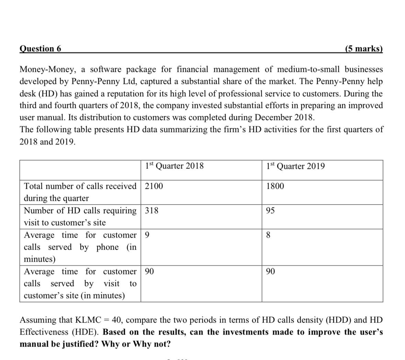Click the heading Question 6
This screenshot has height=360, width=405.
tap(40, 48)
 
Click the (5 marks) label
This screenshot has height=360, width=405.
tap(363, 48)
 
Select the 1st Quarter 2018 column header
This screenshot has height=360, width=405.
tap(174, 166)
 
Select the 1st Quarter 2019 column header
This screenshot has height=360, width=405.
tap(295, 166)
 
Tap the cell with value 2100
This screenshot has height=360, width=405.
tap(154, 186)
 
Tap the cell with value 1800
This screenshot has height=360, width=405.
tap(275, 186)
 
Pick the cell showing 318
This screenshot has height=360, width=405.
tap(151, 210)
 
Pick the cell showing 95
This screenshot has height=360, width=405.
tap(270, 211)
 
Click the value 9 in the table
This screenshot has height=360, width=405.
tap(147, 235)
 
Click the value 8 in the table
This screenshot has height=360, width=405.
tap(269, 236)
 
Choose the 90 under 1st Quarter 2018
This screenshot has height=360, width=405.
tap(149, 272)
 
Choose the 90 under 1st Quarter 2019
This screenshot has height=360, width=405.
tap(270, 272)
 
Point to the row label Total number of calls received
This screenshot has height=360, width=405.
tap(80, 186)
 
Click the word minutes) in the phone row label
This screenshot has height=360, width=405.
tap(40, 259)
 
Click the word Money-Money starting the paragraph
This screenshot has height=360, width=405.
tap(46, 69)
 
